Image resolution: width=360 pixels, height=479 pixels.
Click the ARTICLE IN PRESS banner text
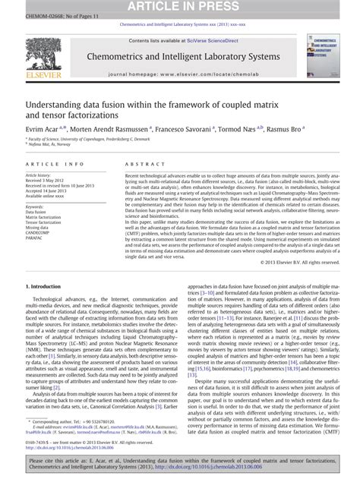[180, 5]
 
